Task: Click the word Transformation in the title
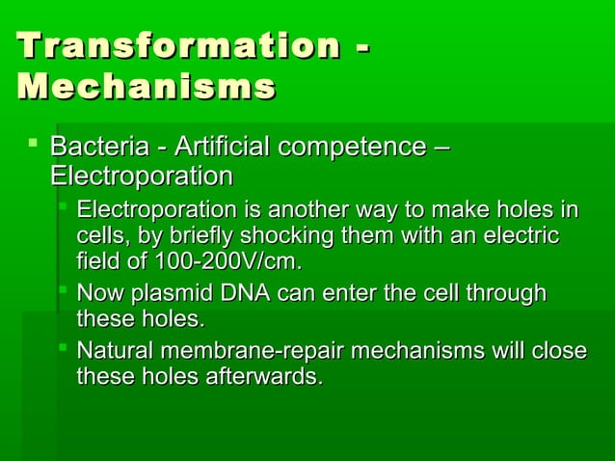pyautogui.click(x=175, y=46)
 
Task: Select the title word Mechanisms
pyautogui.click(x=146, y=89)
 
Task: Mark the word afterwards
pyautogui.click(x=262, y=375)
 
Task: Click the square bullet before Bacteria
pyautogui.click(x=34, y=146)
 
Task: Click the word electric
pyautogui.click(x=524, y=236)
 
